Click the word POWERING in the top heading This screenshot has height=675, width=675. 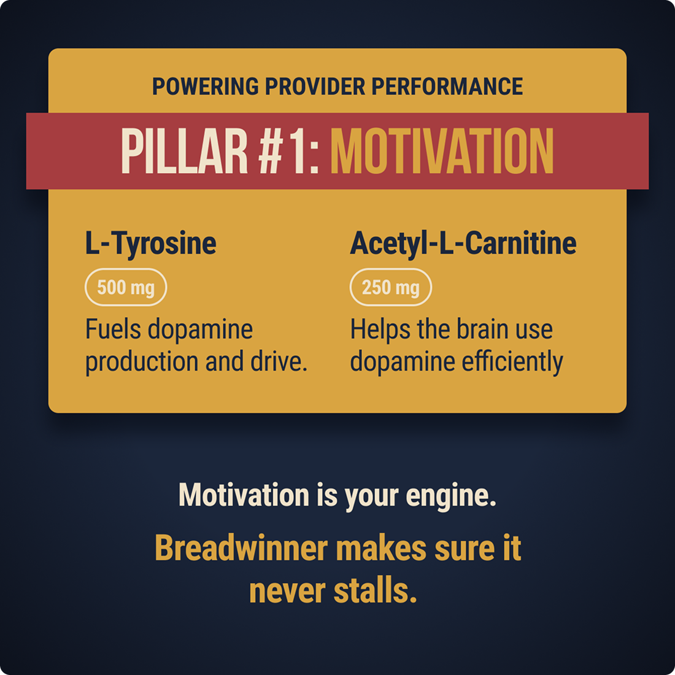(x=206, y=87)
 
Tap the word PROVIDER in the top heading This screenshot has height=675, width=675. (x=315, y=87)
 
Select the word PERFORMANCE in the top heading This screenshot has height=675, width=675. (x=447, y=87)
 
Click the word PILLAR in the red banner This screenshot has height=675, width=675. (x=185, y=151)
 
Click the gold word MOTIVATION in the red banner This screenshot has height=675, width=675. (x=442, y=151)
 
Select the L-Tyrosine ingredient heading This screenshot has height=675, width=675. (x=151, y=244)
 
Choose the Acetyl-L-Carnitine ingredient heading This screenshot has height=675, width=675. (x=463, y=244)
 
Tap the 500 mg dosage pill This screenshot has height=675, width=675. (x=126, y=287)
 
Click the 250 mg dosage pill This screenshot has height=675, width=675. (x=390, y=287)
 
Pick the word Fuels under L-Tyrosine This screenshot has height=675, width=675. (x=114, y=330)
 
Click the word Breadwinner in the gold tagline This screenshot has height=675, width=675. (x=242, y=549)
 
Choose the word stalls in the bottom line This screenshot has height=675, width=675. (x=376, y=590)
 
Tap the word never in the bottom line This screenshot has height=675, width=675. (x=288, y=592)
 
